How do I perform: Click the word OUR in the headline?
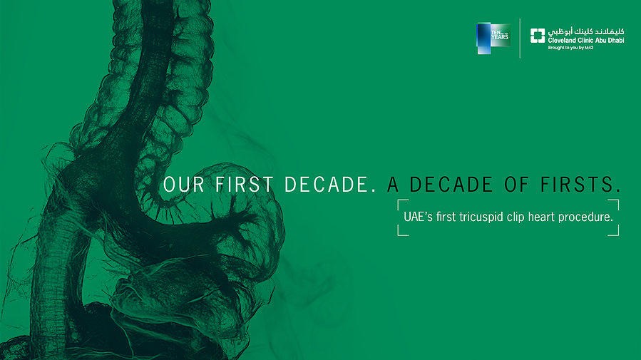point(183,185)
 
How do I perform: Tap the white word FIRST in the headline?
point(244,185)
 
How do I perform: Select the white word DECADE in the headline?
point(330,185)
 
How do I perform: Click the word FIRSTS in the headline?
point(580,185)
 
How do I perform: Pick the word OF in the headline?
point(516,185)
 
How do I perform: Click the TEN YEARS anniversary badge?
point(493,38)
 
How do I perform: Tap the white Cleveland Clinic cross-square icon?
point(538,36)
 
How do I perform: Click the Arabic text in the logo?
point(586,31)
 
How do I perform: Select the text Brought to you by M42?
point(570,48)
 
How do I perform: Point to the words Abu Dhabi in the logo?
point(610,40)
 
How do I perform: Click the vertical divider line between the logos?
point(520,38)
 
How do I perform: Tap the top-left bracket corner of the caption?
point(398,200)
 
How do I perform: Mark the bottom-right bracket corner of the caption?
point(618,235)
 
